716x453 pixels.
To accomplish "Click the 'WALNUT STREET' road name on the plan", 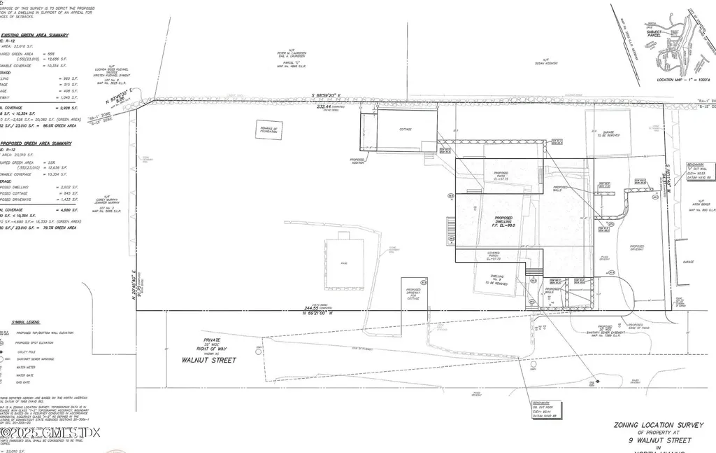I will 209,361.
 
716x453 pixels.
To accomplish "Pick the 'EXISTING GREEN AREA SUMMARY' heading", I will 34,35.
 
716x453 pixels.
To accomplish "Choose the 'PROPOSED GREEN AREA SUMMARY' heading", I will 36,144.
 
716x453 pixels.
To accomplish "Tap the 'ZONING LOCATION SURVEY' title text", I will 652,424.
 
